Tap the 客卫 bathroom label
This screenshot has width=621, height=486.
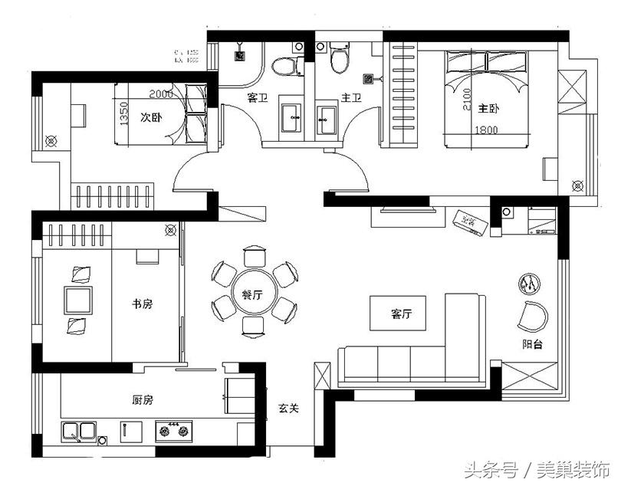coord(257,98)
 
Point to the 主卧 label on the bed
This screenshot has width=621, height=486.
coord(489,107)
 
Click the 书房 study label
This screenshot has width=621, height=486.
coord(143,304)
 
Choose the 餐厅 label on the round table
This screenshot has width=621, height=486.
coord(253,294)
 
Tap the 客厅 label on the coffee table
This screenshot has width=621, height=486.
coord(402,314)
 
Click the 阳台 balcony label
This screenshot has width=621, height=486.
coord(533,345)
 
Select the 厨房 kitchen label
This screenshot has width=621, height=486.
coord(143,399)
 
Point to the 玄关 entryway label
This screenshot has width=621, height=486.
coord(288,409)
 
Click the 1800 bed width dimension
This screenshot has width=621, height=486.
coord(487,130)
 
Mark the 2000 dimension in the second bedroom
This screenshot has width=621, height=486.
coord(160,94)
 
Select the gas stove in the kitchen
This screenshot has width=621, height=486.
coord(172,431)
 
